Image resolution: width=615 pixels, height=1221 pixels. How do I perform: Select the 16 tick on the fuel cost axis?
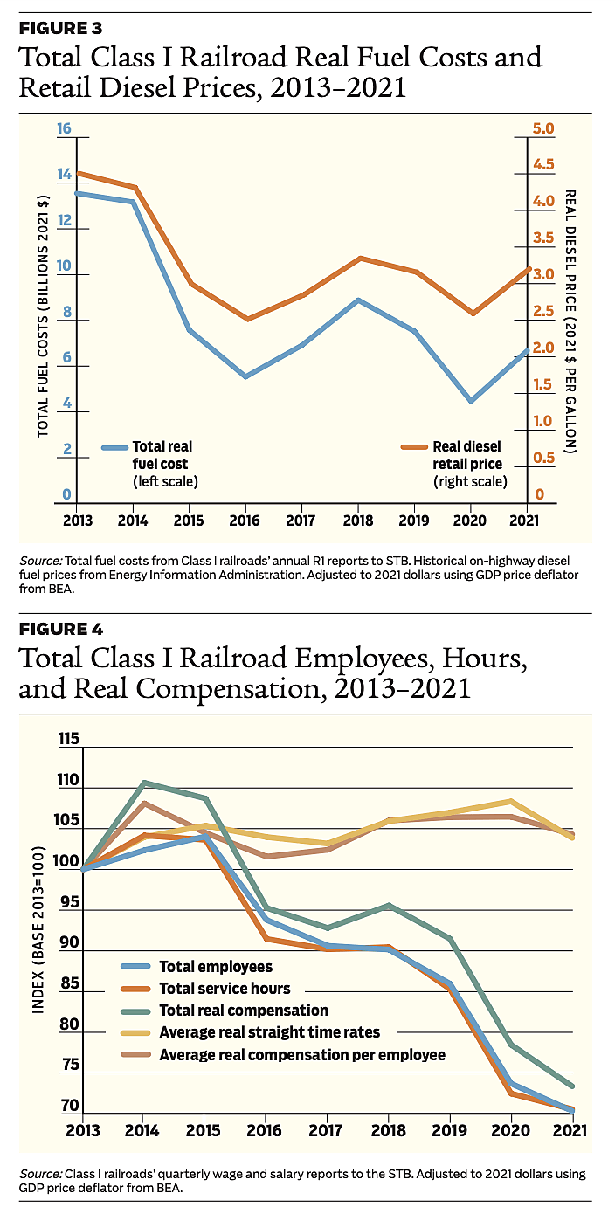[64, 129]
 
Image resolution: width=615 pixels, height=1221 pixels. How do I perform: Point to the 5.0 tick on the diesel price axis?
[543, 129]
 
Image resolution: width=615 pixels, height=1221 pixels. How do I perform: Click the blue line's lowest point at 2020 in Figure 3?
[472, 401]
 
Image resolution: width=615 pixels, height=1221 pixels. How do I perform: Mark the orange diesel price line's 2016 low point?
[246, 319]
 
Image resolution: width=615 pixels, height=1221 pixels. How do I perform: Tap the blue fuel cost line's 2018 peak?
[359, 300]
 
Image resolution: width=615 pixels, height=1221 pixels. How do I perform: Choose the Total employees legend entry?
[216, 967]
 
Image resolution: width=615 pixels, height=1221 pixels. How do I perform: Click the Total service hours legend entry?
[225, 989]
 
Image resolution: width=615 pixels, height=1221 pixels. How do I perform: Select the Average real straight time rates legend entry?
[269, 1032]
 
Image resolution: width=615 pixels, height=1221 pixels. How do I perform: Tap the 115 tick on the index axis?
[68, 740]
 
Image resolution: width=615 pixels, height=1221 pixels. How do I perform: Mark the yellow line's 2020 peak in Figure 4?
[511, 801]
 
